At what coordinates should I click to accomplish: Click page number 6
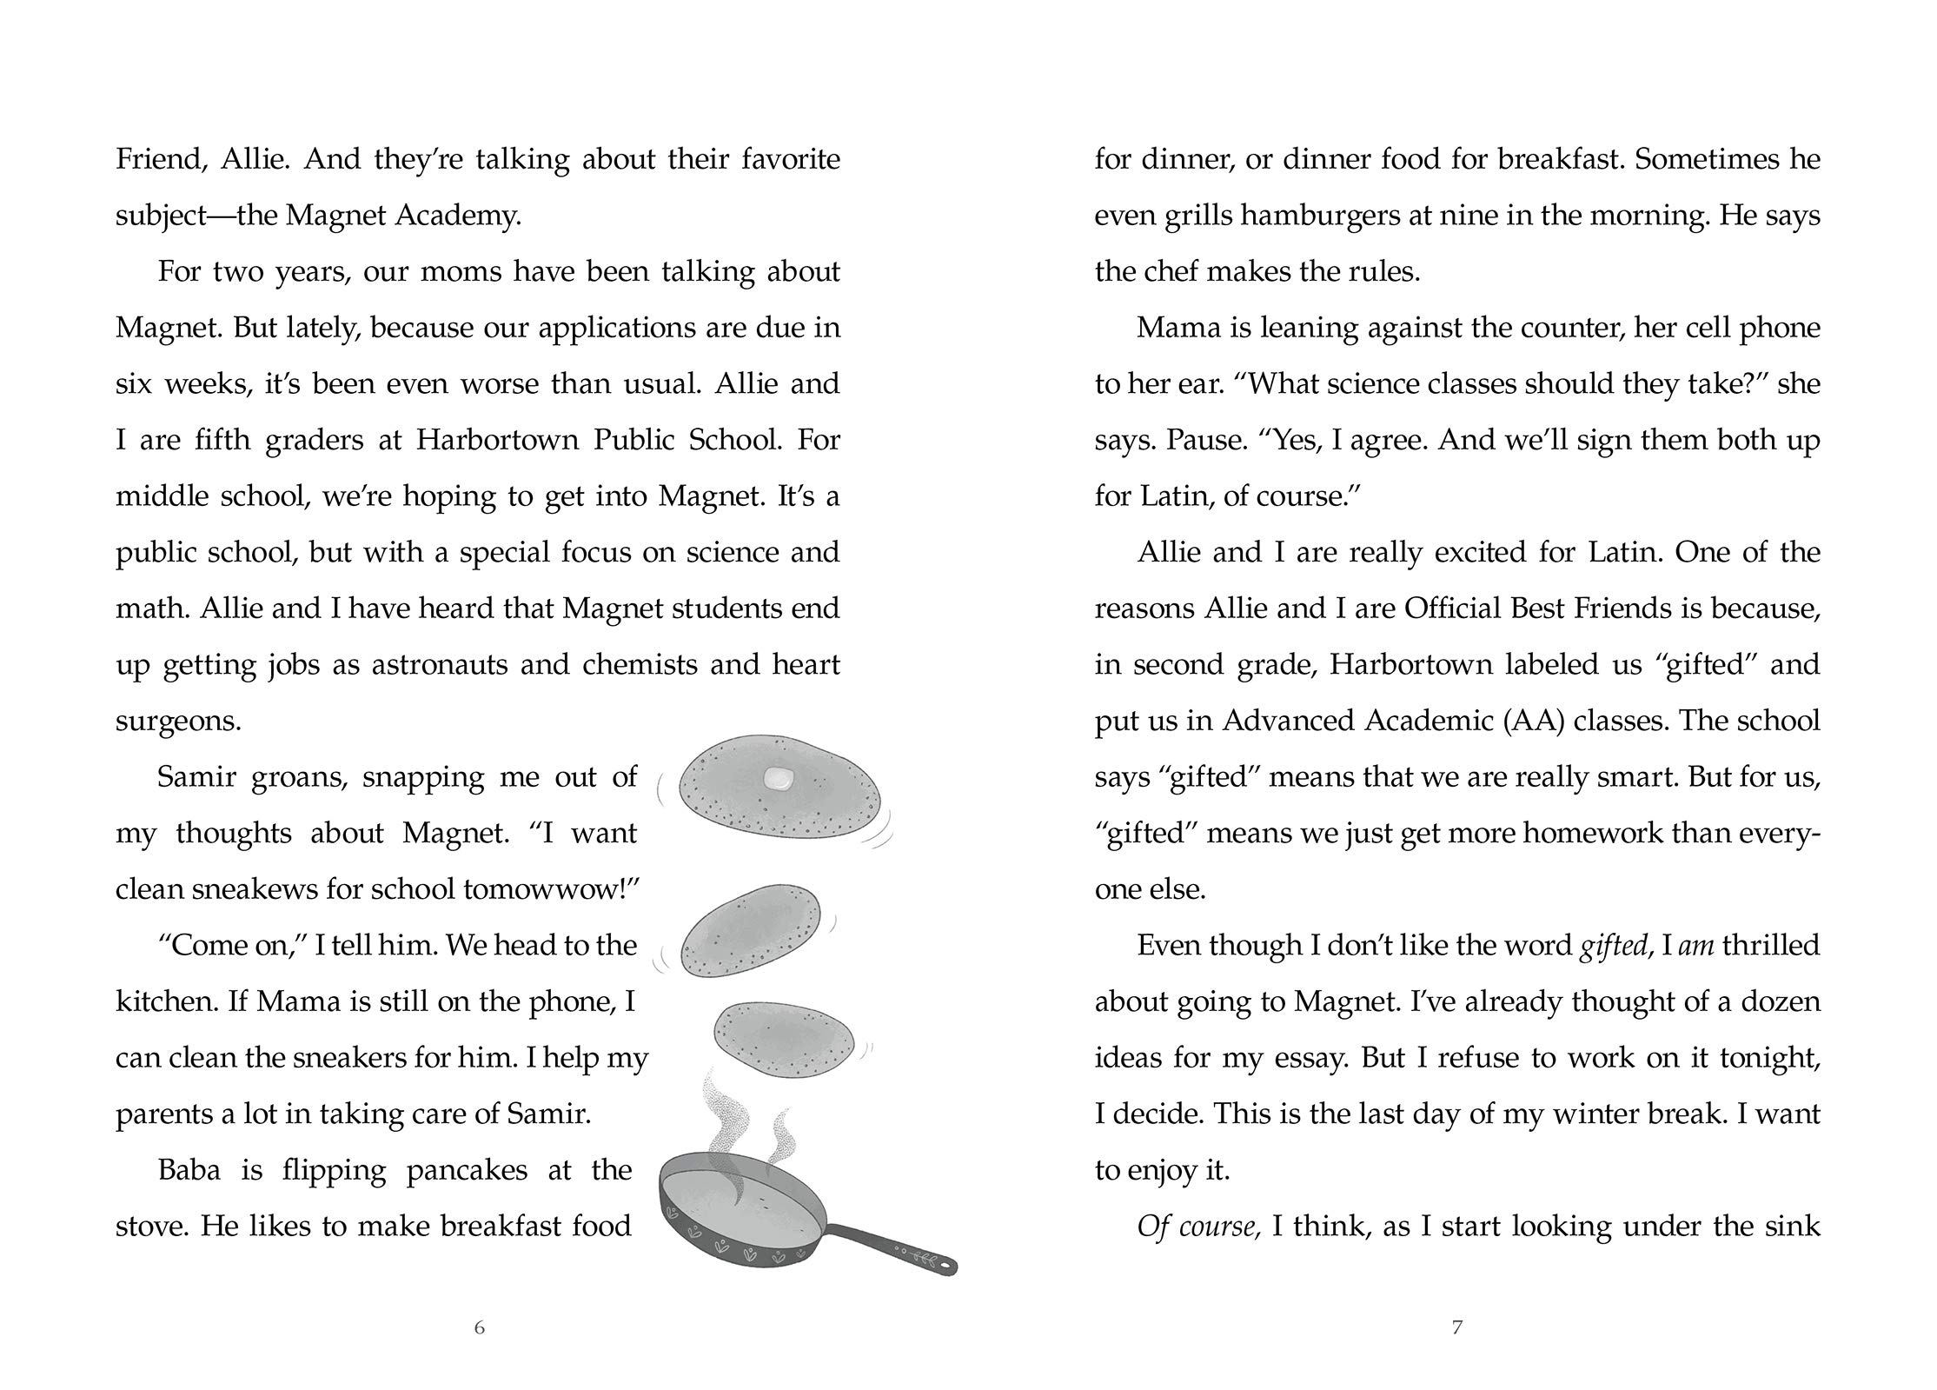click(x=479, y=1327)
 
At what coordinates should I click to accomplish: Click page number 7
click(x=1457, y=1327)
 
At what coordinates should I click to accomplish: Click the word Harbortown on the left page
click(x=496, y=440)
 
